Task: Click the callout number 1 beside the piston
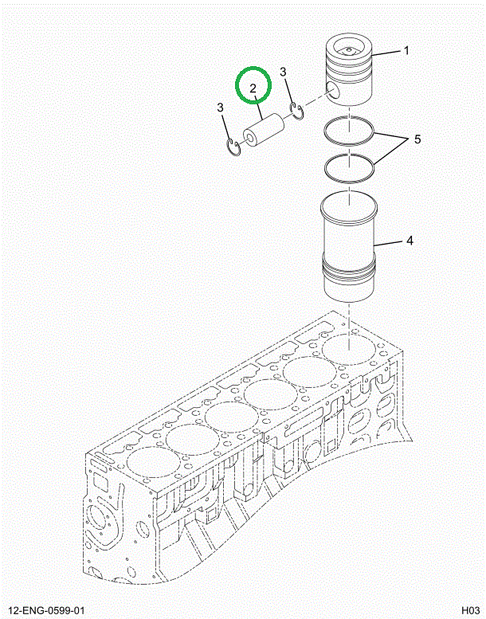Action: pyautogui.click(x=406, y=50)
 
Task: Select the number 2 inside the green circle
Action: pyautogui.click(x=253, y=88)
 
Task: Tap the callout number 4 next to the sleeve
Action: pyautogui.click(x=410, y=240)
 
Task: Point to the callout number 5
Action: pyautogui.click(x=417, y=139)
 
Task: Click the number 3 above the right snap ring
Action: pyautogui.click(x=283, y=72)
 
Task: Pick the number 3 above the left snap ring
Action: pyautogui.click(x=220, y=107)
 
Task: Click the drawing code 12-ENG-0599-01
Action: pyautogui.click(x=46, y=611)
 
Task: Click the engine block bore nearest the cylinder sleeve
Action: pyautogui.click(x=349, y=350)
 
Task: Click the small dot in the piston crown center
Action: pyautogui.click(x=348, y=49)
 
